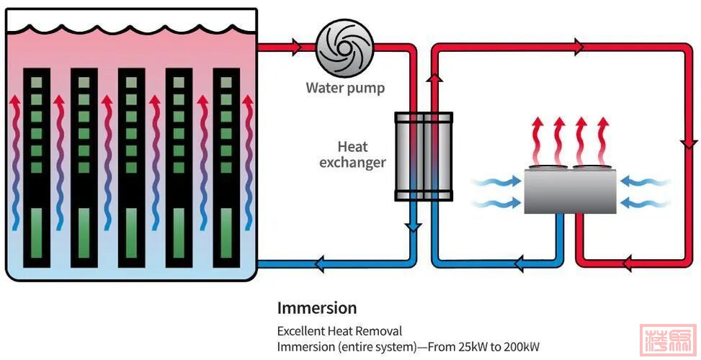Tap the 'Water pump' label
(x=345, y=89)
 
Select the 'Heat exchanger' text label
(x=352, y=154)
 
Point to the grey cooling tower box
(x=570, y=190)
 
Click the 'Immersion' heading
(x=317, y=308)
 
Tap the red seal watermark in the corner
(x=668, y=340)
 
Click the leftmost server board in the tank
(x=37, y=166)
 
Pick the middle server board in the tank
(x=132, y=166)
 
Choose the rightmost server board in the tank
(x=227, y=166)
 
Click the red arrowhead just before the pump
(x=295, y=48)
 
